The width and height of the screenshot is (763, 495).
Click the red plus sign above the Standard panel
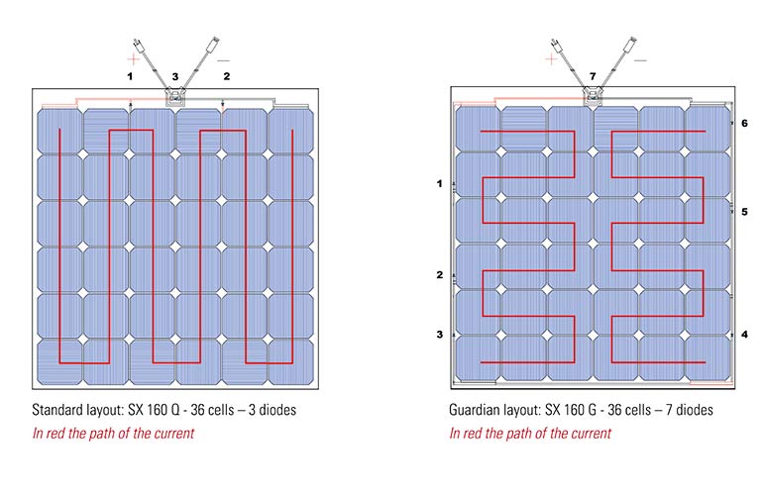pyautogui.click(x=134, y=59)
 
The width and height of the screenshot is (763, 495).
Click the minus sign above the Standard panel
pyautogui.click(x=223, y=60)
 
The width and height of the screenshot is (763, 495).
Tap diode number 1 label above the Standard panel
pyautogui.click(x=130, y=76)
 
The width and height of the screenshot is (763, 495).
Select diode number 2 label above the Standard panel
pyautogui.click(x=227, y=76)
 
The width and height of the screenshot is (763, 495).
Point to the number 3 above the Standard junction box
pyautogui.click(x=175, y=77)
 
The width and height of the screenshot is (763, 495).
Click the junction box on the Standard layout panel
pyautogui.click(x=175, y=97)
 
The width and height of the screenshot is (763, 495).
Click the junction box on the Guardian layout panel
pyautogui.click(x=593, y=96)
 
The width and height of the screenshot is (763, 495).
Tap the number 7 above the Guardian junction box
pyautogui.click(x=593, y=76)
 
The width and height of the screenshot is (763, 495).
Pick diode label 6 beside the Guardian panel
pyautogui.click(x=744, y=124)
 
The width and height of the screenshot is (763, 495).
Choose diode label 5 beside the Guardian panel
pyautogui.click(x=744, y=212)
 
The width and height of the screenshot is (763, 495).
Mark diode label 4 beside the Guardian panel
pyautogui.click(x=744, y=335)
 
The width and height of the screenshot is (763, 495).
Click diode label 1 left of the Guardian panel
pyautogui.click(x=440, y=184)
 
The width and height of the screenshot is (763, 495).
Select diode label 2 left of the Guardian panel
pyautogui.click(x=440, y=275)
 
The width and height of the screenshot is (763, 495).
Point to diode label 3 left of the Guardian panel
pyautogui.click(x=440, y=335)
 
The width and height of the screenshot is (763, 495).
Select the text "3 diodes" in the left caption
pyautogui.click(x=272, y=410)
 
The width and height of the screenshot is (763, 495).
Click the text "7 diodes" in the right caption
pyautogui.click(x=689, y=410)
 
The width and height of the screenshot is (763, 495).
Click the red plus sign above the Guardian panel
pyautogui.click(x=551, y=59)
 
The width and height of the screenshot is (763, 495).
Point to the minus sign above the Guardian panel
pyautogui.click(x=641, y=60)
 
